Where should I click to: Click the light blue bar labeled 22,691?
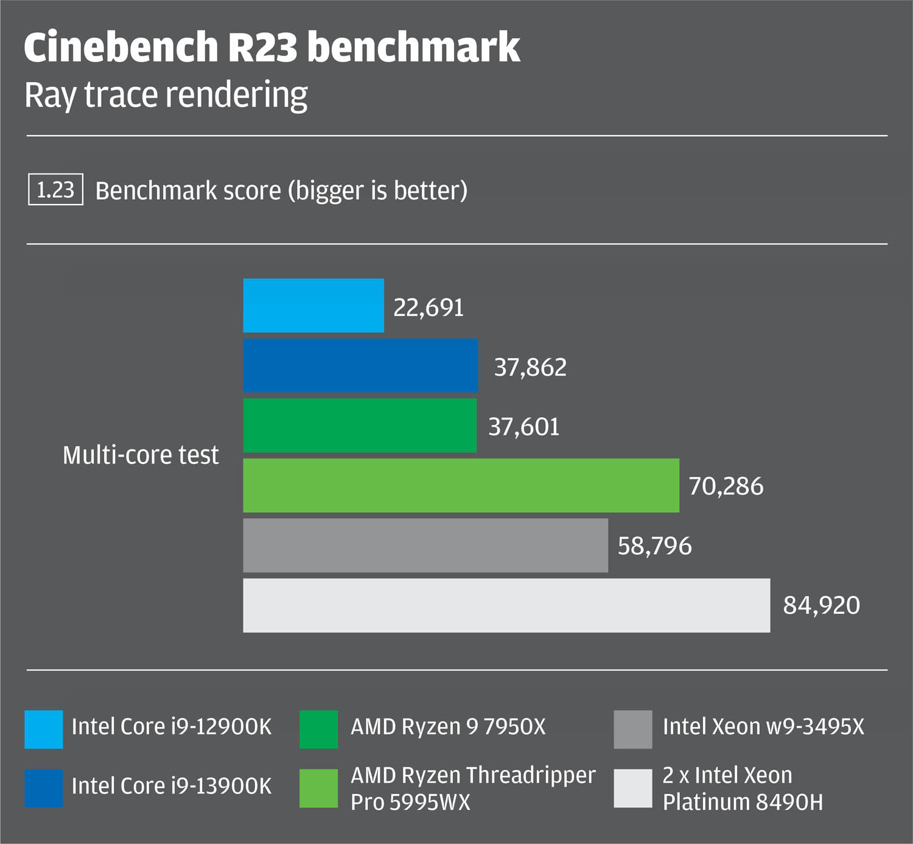coord(313,306)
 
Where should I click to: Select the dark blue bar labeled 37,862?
coord(360,365)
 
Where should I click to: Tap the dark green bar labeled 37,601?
coord(360,426)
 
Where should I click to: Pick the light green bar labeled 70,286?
coord(461,485)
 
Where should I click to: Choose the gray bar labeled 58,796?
coord(425,546)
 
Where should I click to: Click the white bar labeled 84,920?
coord(506,605)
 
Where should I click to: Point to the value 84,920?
coord(822,605)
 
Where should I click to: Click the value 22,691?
coord(429,308)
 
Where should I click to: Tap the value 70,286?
coord(726,486)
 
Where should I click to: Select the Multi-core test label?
coord(141,455)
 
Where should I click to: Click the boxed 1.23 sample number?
coord(55,189)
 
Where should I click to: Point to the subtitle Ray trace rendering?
coord(166,95)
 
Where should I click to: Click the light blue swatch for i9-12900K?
coord(44,730)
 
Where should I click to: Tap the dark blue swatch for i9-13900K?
coord(44,789)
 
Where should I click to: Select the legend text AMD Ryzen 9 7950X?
coord(448,727)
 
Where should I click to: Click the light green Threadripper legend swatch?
coord(318,789)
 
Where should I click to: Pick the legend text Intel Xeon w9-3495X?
coord(764,727)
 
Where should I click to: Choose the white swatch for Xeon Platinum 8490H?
coord(633,789)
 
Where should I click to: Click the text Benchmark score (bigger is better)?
coord(281,191)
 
